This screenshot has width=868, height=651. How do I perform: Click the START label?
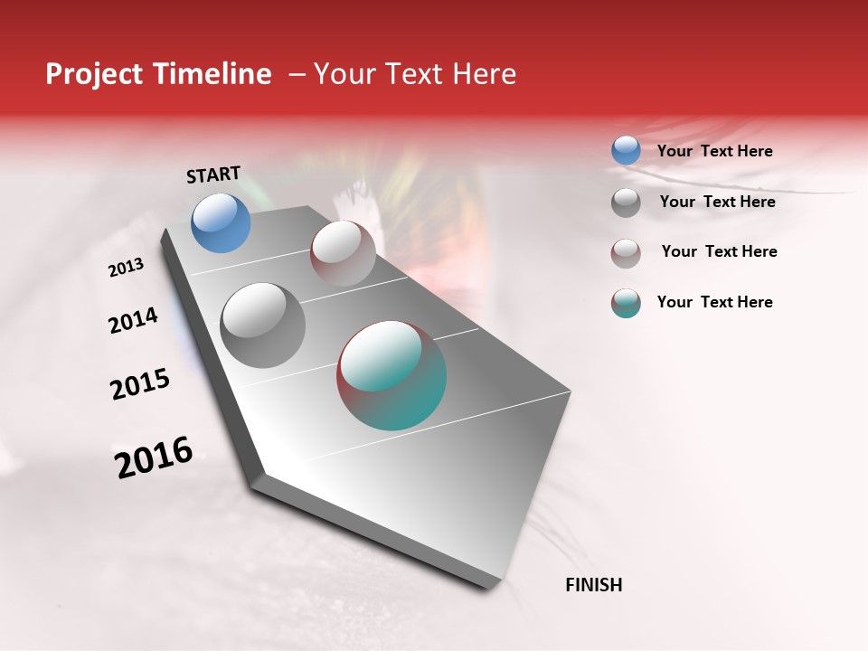213,175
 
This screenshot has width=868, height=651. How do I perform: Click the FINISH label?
593,585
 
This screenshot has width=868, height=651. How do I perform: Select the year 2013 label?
126,268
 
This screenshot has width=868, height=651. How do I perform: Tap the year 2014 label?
133,321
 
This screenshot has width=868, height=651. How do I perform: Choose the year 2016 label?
154,458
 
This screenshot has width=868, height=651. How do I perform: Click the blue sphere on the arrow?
221,222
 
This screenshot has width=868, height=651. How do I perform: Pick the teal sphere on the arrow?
392,375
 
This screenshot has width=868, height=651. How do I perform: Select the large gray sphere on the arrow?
262,325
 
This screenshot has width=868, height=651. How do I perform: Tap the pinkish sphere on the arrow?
343,253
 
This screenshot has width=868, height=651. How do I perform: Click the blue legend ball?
626,151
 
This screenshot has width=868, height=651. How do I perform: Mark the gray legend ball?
626,203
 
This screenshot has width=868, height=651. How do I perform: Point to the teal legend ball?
626,303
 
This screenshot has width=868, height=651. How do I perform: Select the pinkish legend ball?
626,253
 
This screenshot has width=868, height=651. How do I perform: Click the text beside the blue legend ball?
714,152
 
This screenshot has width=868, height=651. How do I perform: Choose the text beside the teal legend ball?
714,302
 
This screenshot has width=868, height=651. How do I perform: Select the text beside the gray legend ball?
717,202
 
